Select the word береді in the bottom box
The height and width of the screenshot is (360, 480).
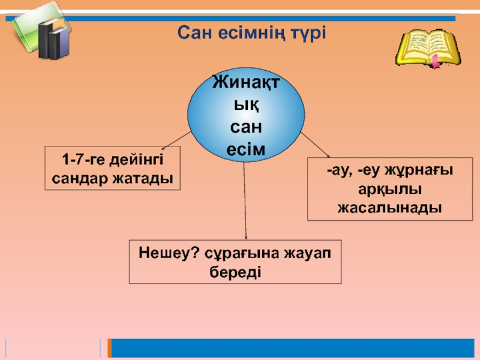pos(236,271)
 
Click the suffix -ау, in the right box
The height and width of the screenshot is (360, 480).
pos(340,172)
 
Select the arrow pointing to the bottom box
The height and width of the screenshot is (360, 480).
pos(245,204)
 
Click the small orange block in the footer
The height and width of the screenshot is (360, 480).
pos(109,347)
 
